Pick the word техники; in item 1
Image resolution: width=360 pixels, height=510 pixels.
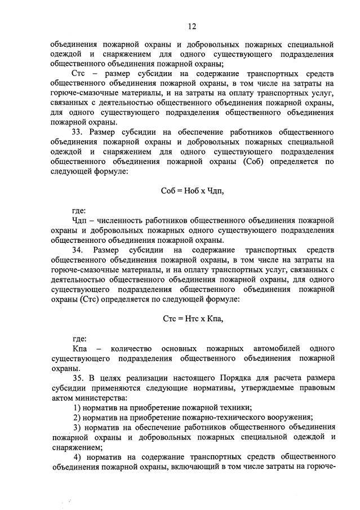pos(236,407)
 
